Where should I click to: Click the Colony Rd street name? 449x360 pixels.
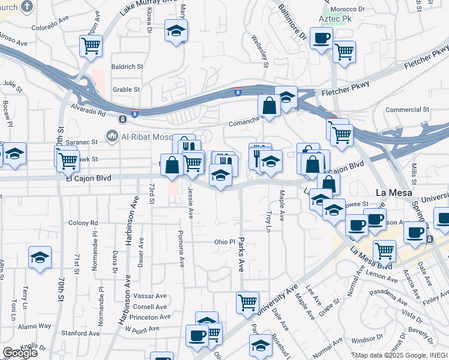pos(83,223)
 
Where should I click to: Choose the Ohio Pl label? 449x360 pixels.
pos(224,242)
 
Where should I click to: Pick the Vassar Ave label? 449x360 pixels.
pos(150,296)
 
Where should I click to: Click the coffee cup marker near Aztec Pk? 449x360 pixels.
pos(321,38)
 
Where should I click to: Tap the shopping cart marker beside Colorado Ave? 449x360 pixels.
pos(91,45)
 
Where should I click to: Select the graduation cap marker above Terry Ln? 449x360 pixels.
pos(40,257)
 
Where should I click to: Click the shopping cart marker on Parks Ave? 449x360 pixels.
pos(247,302)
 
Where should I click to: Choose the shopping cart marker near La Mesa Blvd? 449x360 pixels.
pos(384,250)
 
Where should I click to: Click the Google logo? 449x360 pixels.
pos(20,353)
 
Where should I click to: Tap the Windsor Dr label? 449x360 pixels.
pos(363,340)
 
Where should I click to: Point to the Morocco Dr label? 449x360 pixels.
pos(354,10)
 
